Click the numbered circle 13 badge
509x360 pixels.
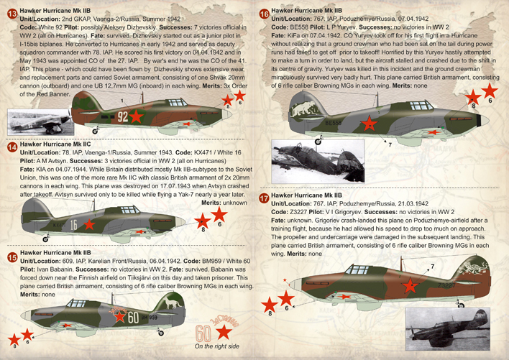[x=11, y=13]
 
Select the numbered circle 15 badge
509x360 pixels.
[x=11, y=257]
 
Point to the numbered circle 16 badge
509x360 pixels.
[x=264, y=13]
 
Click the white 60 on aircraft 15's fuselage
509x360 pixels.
[x=131, y=317]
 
